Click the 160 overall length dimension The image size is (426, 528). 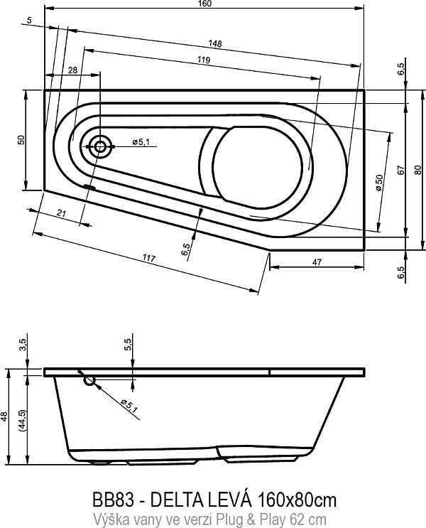[204, 4]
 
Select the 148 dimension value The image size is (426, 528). [216, 44]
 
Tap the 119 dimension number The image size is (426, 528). [204, 60]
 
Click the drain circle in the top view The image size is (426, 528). [99, 147]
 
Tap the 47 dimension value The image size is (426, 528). [317, 263]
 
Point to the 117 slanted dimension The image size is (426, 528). [149, 257]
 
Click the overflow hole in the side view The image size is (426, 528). [89, 380]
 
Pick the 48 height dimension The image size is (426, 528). [5, 419]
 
